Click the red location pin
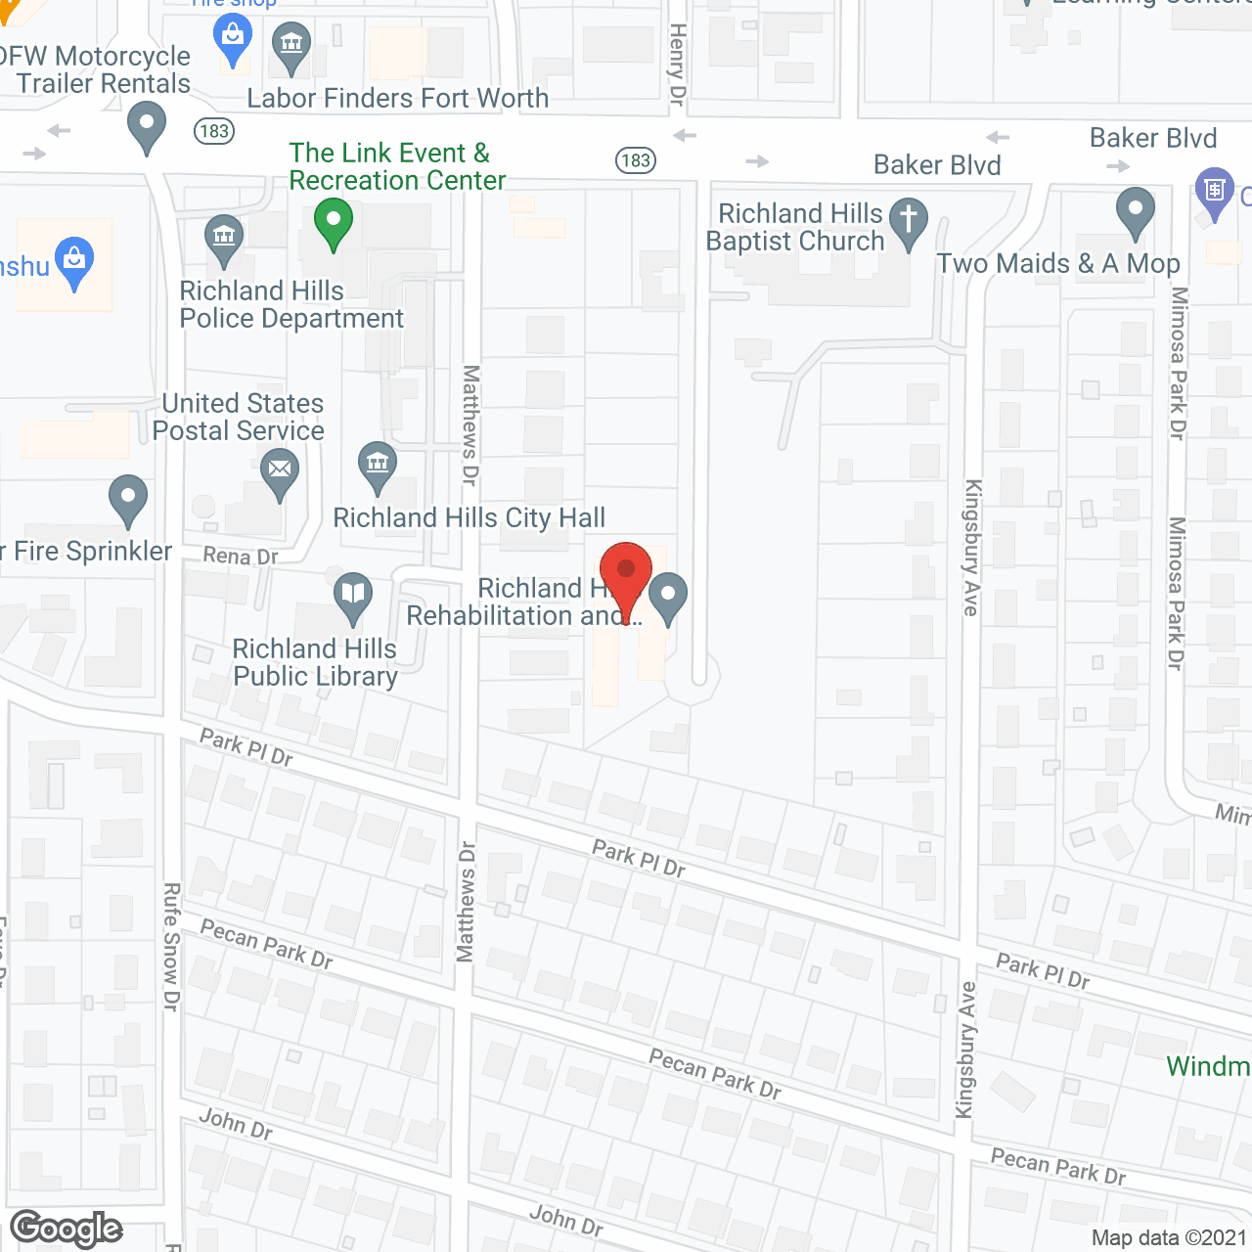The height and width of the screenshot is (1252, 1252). point(626,572)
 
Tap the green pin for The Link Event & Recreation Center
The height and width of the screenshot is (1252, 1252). point(333,222)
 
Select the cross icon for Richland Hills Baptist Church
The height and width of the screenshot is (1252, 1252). point(909,219)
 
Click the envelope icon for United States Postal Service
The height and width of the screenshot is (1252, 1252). point(280,469)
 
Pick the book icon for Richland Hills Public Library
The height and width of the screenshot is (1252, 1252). point(353,594)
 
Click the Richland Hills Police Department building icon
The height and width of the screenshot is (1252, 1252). point(224,237)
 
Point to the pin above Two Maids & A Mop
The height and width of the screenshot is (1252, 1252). point(1135,209)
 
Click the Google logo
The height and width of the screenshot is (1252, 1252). point(66,1229)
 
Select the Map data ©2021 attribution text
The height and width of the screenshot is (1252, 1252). point(1169,1238)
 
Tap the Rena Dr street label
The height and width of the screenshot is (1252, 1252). point(241,557)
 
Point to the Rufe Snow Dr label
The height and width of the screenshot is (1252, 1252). point(171,946)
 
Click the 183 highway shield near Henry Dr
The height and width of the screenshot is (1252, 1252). point(636,160)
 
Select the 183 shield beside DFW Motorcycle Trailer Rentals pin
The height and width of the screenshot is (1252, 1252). point(213,131)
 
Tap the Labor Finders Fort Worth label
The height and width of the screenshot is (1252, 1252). point(397,99)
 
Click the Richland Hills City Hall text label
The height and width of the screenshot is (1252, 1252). point(469,518)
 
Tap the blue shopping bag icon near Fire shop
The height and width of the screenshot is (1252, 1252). point(233,39)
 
